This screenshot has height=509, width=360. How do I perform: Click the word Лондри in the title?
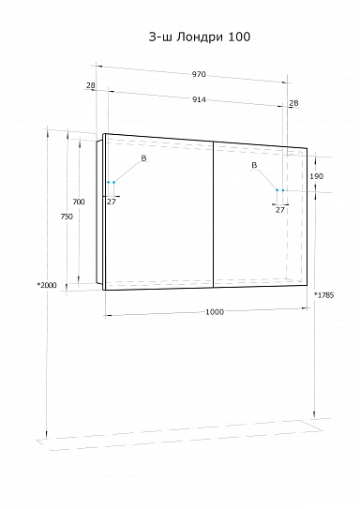click(x=200, y=37)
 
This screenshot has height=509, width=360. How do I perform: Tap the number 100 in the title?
click(x=239, y=37)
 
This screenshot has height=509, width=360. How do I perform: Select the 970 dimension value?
click(x=199, y=74)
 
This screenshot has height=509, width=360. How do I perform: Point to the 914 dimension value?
click(x=199, y=99)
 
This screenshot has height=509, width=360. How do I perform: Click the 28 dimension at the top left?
click(x=91, y=85)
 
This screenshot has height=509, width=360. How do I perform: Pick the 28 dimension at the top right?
click(x=293, y=103)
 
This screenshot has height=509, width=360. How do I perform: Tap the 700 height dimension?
click(x=79, y=202)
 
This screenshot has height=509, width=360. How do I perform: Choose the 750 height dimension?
click(x=67, y=217)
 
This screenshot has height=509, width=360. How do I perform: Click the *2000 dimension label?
click(x=47, y=285)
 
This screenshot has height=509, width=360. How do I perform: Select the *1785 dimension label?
click(x=324, y=295)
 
